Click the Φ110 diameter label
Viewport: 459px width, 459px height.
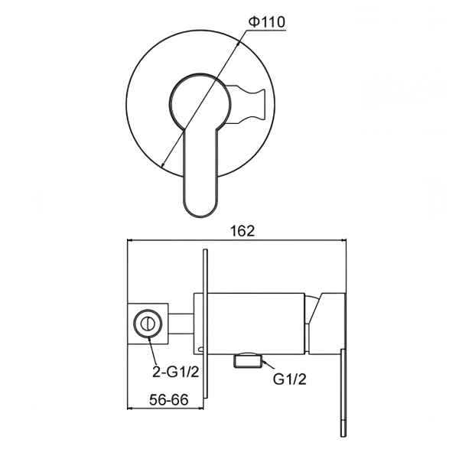point(266,22)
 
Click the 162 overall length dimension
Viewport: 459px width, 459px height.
point(243,231)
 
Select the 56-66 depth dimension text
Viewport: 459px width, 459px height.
point(168,399)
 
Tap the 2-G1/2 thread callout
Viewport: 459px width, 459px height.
point(176,372)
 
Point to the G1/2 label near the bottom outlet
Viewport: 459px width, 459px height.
point(289,379)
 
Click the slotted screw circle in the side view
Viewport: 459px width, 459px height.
point(148,324)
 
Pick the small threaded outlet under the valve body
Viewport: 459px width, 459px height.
point(248,360)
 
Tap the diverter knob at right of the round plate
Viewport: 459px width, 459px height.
point(247,104)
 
